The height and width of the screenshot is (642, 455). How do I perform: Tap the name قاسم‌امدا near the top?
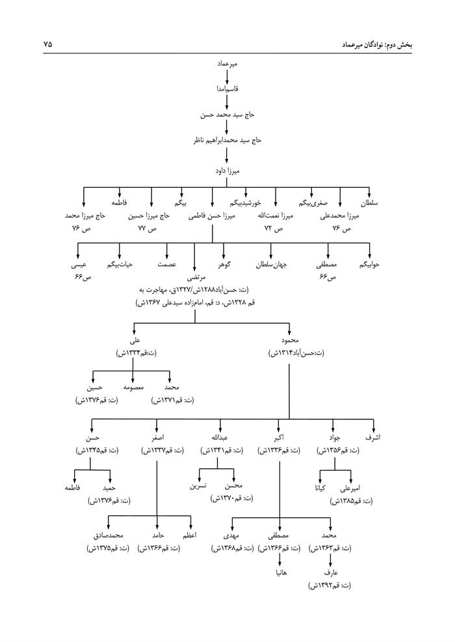[x=227, y=89]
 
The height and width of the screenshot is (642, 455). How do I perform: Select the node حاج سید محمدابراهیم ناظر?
[x=227, y=139]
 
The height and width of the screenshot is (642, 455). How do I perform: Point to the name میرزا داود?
[x=227, y=171]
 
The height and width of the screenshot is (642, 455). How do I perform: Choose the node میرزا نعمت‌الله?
[x=276, y=216]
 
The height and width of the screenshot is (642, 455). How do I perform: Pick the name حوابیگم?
[x=369, y=265]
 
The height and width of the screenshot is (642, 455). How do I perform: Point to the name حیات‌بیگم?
[x=120, y=265]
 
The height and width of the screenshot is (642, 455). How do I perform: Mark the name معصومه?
[x=133, y=388]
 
